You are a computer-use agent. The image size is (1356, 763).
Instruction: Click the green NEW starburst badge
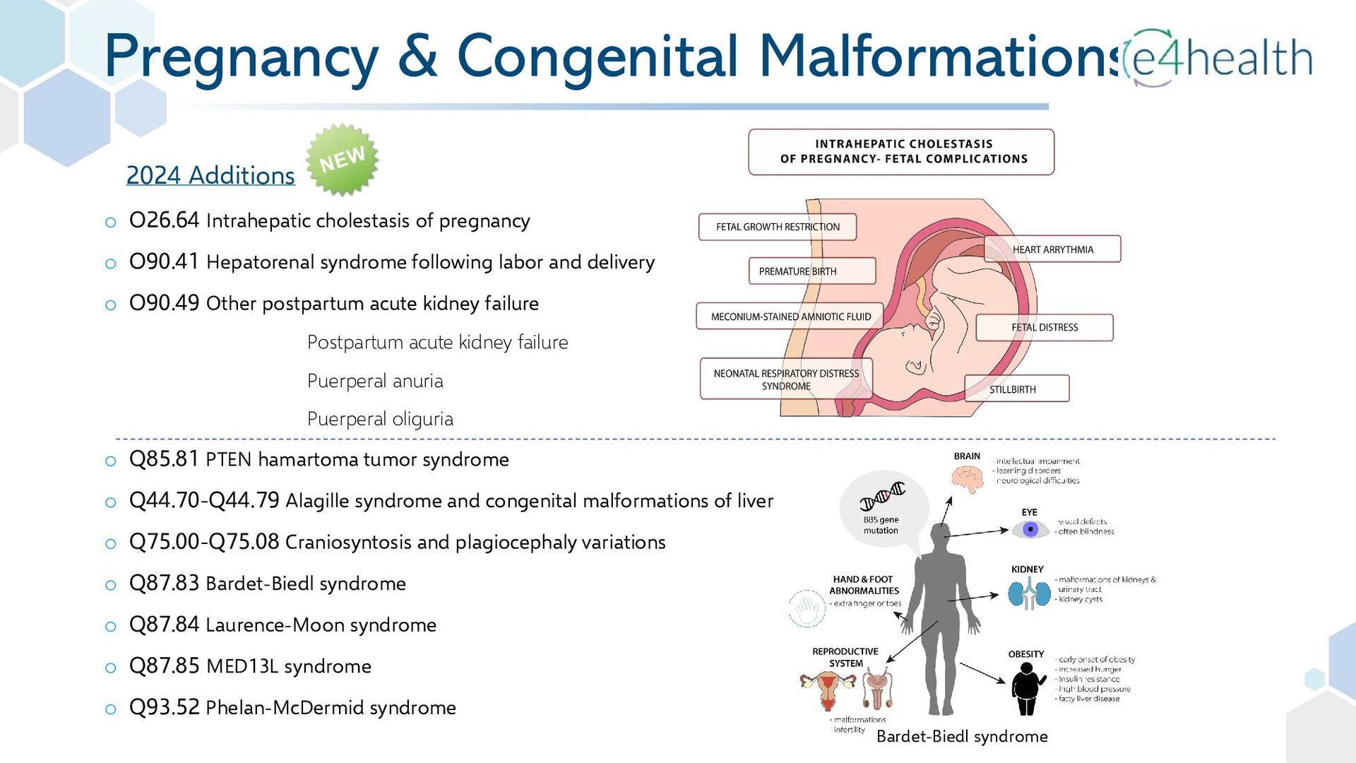coord(342,160)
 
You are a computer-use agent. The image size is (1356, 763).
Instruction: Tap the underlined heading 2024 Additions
coord(210,175)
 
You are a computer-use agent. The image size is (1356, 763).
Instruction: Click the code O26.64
coord(164,220)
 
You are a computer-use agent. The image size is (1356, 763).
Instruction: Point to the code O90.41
coord(164,261)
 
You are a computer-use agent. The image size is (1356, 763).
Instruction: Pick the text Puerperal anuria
coord(375,381)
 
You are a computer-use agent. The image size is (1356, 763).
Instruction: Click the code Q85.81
coord(164,459)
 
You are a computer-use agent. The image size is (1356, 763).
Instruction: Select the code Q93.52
coord(164,707)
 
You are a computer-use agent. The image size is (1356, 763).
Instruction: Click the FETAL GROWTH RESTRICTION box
coord(778,227)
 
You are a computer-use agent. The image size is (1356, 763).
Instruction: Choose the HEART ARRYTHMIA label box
coord(1052,249)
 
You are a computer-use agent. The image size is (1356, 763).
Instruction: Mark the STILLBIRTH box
coord(1016,389)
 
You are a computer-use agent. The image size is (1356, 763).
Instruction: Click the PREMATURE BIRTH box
coord(811,271)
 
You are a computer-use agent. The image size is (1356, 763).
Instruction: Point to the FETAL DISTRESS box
coord(1045,328)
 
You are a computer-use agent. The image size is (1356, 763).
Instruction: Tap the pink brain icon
coord(967,480)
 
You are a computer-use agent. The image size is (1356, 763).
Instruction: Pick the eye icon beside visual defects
coord(1030,529)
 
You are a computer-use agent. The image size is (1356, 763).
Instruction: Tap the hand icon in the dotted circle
coord(807,609)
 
